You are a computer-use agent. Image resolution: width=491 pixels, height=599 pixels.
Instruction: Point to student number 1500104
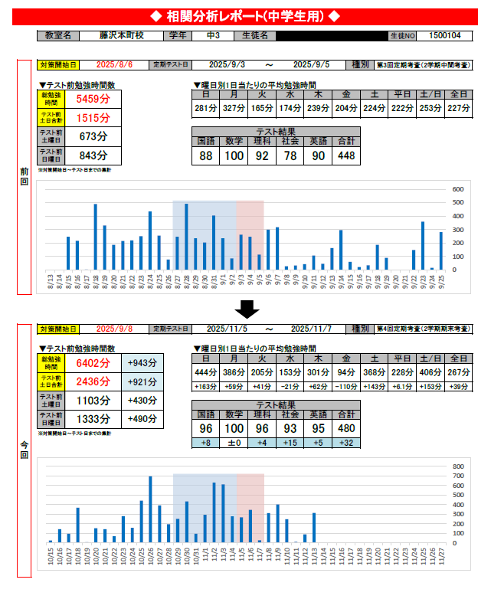point(445,35)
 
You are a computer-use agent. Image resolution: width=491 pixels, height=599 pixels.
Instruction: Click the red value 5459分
point(93,98)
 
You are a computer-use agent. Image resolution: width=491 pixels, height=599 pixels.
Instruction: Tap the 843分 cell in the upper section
point(93,155)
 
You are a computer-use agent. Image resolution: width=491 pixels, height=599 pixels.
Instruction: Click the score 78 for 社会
point(290,155)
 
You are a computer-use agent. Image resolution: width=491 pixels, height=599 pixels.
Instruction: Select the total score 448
point(346,155)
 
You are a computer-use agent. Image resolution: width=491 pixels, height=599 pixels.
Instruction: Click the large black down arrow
point(247,308)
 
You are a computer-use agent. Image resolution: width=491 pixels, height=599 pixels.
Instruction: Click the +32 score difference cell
point(346,444)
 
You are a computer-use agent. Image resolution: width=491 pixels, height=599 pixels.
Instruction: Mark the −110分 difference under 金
point(346,387)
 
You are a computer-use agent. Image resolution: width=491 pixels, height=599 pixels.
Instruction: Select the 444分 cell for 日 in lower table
point(205,372)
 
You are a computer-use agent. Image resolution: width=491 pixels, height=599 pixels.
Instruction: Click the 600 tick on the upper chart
point(458,189)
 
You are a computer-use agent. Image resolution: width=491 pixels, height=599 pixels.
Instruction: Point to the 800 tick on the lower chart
point(458,466)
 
